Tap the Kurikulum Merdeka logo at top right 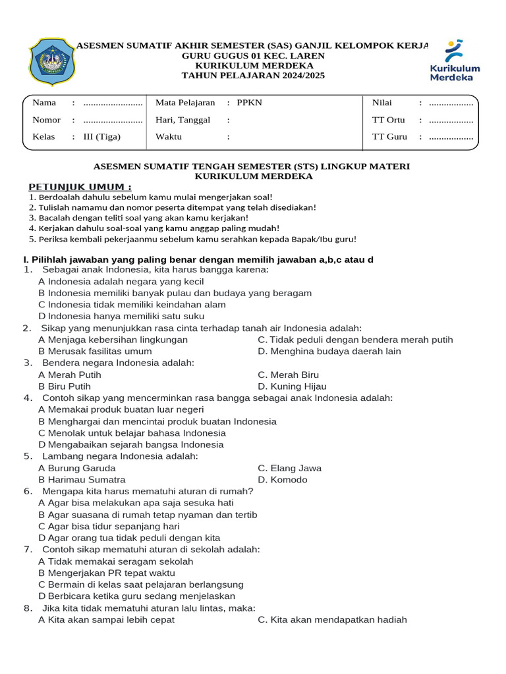click(x=455, y=61)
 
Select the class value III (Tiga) click(x=102, y=137)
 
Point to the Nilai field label click(x=382, y=103)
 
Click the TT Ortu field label click(x=388, y=120)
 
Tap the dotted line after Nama click(x=113, y=103)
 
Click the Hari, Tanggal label click(x=183, y=120)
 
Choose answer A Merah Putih click(x=70, y=375)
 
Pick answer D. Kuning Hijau click(x=292, y=386)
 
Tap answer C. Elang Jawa click(x=290, y=468)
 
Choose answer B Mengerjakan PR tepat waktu click(x=107, y=573)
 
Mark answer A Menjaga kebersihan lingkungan click(x=113, y=340)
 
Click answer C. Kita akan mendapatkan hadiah click(x=332, y=619)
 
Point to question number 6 click(x=28, y=491)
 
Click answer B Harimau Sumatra click(x=82, y=480)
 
